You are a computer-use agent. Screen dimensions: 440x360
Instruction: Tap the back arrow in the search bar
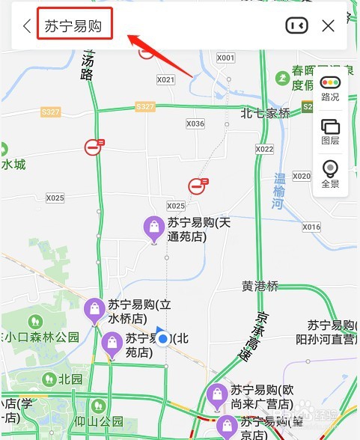27,26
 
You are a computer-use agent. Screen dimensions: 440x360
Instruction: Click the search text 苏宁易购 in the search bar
73,26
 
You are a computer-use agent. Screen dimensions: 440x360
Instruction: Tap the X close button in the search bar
328,26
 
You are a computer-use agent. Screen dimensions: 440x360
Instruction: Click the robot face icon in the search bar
296,26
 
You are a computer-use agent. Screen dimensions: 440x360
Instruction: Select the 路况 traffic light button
330,88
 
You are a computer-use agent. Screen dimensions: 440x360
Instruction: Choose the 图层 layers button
330,131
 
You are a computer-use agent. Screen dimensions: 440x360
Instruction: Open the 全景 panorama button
330,174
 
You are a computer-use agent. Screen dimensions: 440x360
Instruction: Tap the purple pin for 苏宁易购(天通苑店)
154,228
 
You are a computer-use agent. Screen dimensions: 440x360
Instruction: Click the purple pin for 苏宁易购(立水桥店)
94,309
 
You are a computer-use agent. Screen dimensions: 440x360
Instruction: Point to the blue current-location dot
163,339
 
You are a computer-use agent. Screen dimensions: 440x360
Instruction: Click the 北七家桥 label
265,114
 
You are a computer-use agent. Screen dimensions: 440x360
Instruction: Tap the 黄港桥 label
260,286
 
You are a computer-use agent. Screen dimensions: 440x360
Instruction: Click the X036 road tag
195,124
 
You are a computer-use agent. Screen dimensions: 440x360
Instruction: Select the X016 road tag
311,227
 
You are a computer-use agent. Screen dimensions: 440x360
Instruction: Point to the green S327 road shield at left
51,112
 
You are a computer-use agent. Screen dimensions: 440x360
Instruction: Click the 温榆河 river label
280,190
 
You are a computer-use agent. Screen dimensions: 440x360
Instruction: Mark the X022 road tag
264,149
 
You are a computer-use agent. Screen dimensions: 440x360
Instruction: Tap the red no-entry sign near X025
198,185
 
